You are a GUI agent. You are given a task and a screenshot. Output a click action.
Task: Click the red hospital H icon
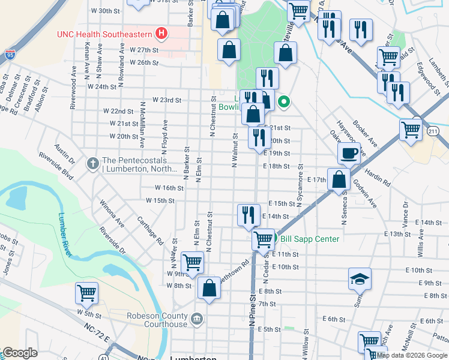[x=160, y=33]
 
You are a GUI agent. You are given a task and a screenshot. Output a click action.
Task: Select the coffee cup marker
[x=349, y=154]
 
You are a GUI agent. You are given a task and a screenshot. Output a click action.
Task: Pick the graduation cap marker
[x=360, y=279]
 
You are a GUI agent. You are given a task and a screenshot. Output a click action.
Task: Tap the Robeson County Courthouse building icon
[x=196, y=317]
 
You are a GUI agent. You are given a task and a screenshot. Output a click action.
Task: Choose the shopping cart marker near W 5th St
[x=86, y=293]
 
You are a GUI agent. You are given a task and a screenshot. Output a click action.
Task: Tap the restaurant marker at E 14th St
[x=249, y=214]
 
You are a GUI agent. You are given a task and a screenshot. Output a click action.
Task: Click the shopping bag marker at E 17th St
[x=339, y=179]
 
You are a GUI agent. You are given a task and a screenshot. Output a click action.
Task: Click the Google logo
[x=20, y=353]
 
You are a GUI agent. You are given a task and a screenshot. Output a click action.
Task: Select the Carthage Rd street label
[x=151, y=231]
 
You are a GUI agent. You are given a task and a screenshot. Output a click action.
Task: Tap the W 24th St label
[x=101, y=86]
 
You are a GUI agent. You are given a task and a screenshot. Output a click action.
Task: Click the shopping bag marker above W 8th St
[x=208, y=289]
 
